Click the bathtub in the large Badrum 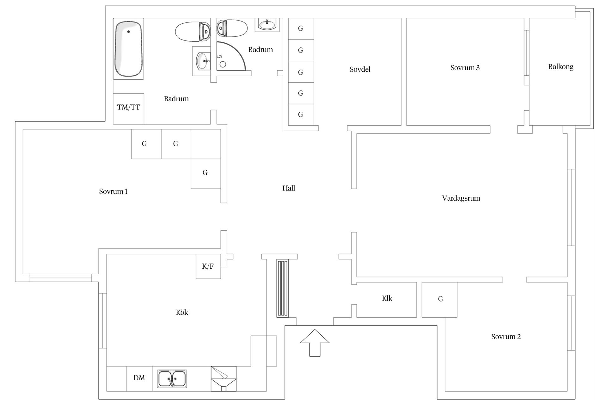[128, 49]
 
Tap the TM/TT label [128, 107]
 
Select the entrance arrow [315, 343]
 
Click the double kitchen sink [172, 379]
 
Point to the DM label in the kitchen [139, 378]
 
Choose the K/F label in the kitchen [208, 266]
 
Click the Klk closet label [387, 298]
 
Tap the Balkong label [561, 67]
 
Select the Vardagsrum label [461, 198]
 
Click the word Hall [289, 188]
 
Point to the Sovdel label [360, 69]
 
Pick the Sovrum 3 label [465, 68]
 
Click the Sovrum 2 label [506, 337]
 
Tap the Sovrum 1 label [113, 191]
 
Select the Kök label [182, 313]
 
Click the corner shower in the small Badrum [231, 56]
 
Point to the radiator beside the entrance [282, 288]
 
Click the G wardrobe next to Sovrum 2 [439, 300]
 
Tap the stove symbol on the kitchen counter [224, 379]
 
